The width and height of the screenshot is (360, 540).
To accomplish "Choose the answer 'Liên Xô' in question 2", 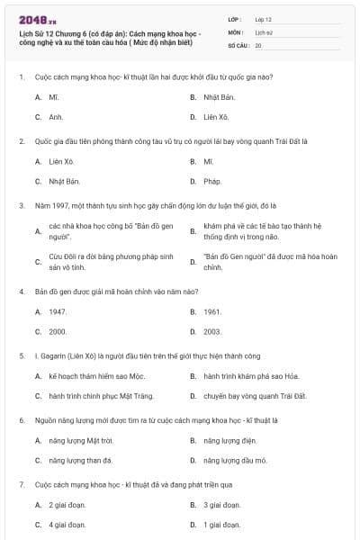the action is click(x=61, y=162).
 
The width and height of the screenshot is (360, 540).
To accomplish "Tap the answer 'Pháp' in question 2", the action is click(x=212, y=181).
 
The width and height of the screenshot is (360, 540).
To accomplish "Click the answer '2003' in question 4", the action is click(x=212, y=331).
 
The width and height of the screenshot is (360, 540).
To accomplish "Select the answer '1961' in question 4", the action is click(x=212, y=311).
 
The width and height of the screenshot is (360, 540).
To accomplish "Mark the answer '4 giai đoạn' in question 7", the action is click(x=67, y=525).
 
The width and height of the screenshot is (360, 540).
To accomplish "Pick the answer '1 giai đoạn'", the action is click(x=221, y=525).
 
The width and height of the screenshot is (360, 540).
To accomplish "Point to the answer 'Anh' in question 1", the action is click(x=56, y=116).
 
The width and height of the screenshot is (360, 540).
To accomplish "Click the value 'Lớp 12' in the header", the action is click(x=263, y=18).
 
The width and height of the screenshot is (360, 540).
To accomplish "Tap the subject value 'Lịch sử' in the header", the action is click(x=263, y=31).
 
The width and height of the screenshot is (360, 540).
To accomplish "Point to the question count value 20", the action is click(x=258, y=44).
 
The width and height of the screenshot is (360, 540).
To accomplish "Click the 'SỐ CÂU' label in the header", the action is click(x=237, y=44).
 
